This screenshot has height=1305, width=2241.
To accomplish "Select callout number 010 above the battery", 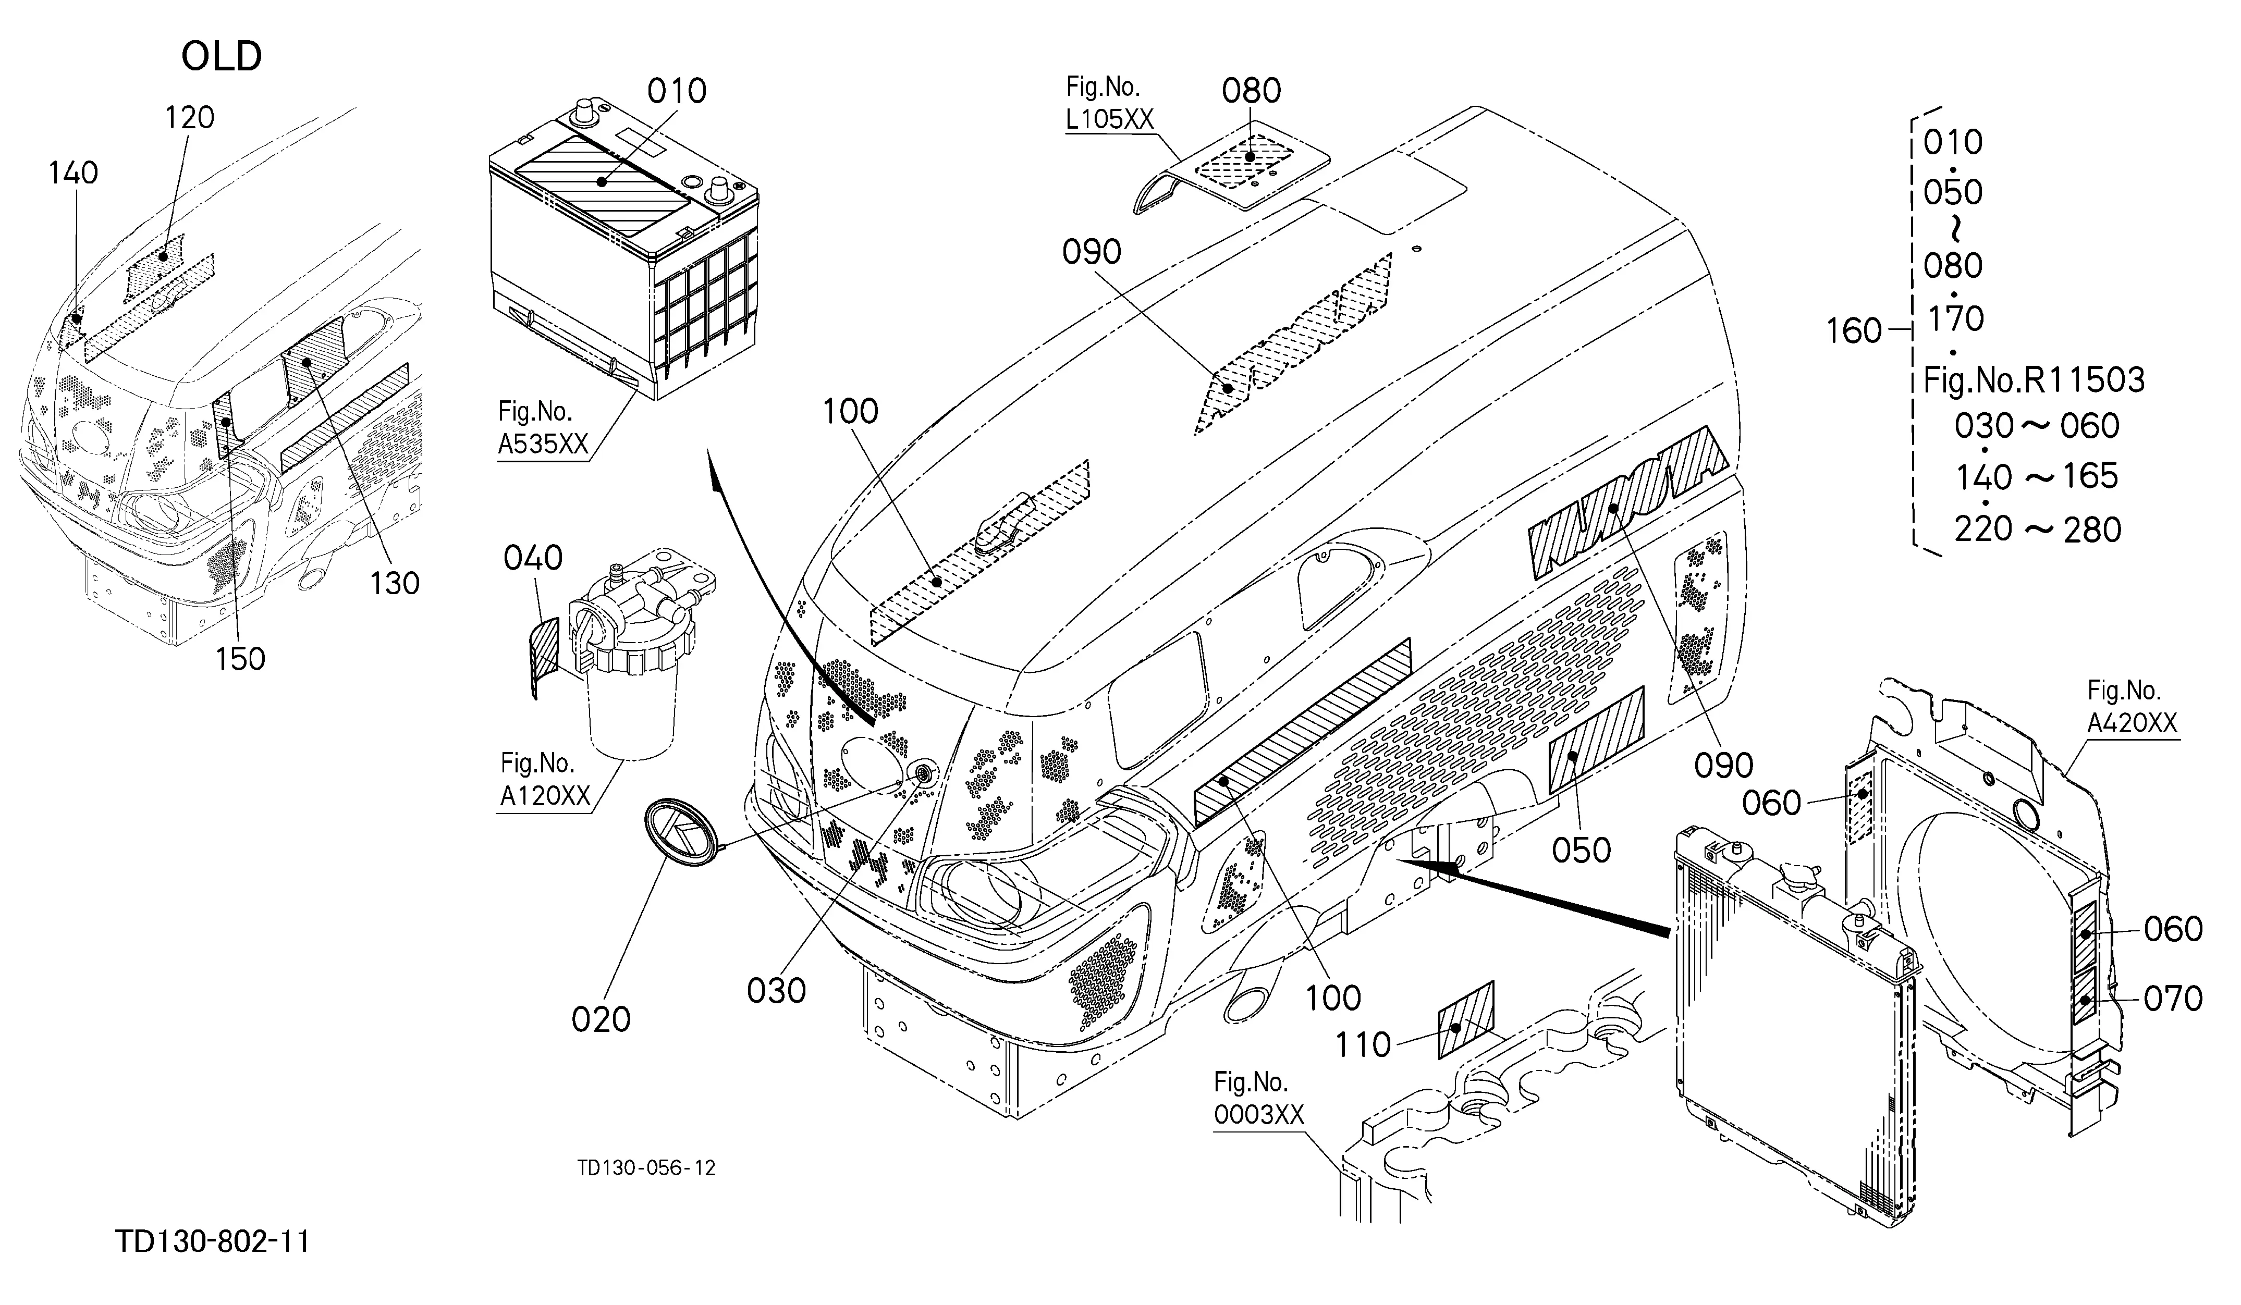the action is coord(677,91).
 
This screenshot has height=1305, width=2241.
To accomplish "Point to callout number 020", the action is coord(601,1019).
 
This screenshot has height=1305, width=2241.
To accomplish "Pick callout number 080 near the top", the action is coord(1251,91).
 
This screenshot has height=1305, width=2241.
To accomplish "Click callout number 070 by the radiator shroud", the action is coord(2173,999).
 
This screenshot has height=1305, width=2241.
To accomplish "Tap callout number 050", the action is coord(1581,851).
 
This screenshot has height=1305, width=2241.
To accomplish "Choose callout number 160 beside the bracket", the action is coord(1854,331).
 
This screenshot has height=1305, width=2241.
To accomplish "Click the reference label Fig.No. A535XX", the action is coord(543,427).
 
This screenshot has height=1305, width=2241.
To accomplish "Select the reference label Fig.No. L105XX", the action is coord(1108,103).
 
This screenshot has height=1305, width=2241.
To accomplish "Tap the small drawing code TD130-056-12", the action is coord(646,1168).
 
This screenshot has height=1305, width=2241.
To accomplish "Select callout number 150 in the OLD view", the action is coord(240,659).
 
